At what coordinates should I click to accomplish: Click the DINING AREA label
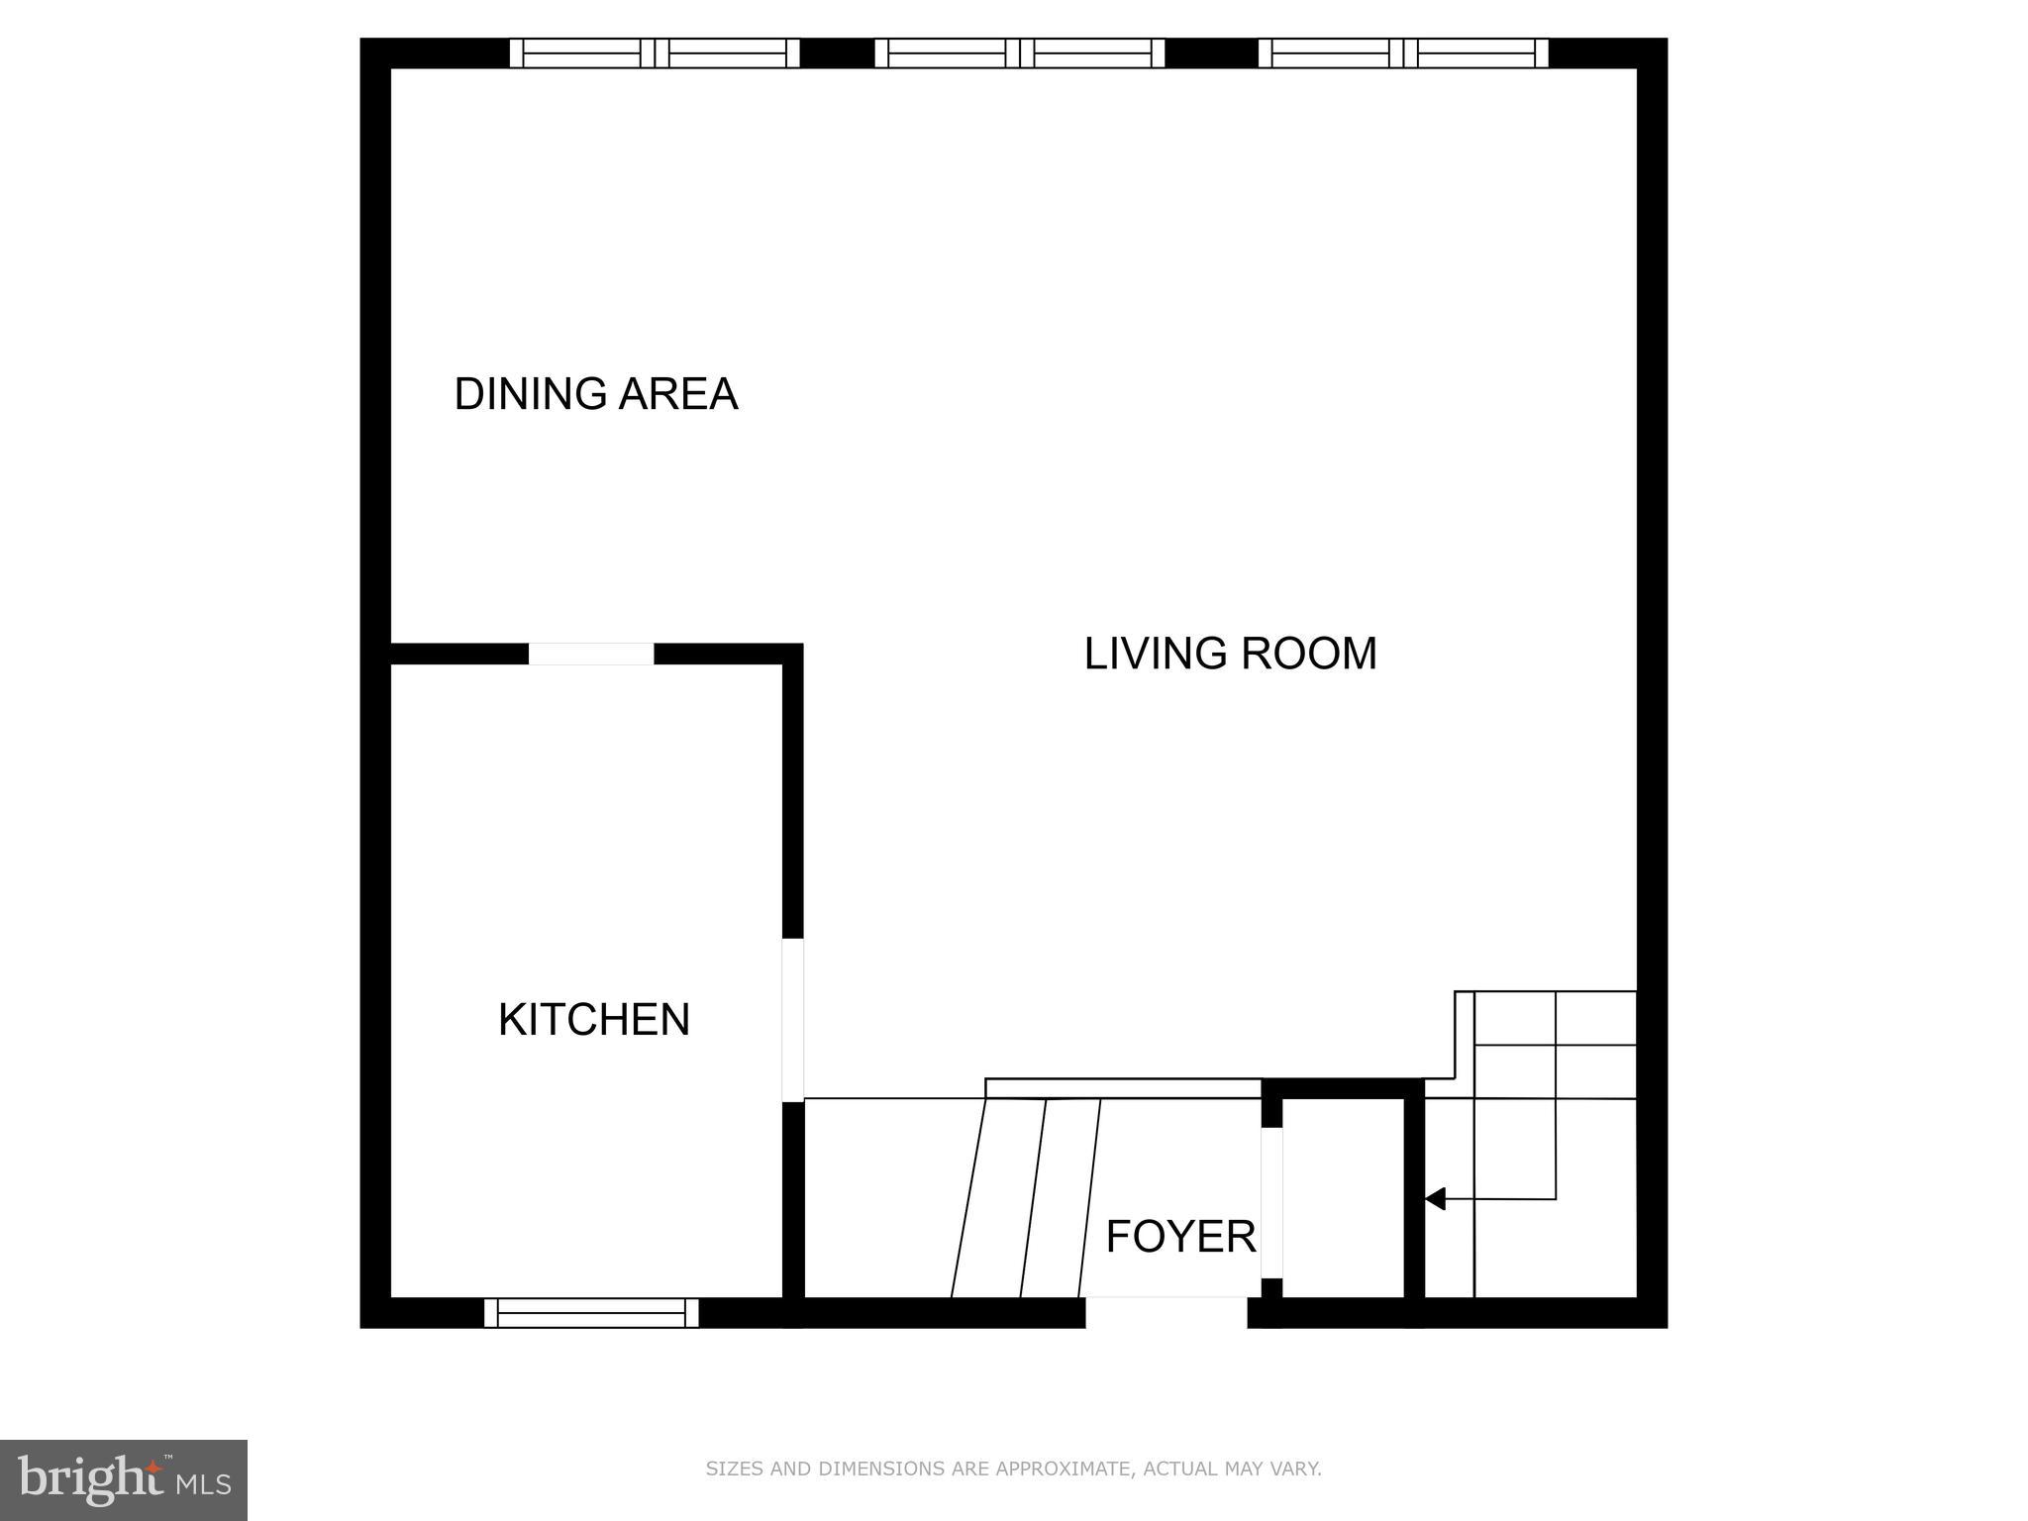pos(595,394)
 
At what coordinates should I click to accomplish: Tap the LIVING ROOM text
pos(1230,654)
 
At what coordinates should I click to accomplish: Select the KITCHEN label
pos(593,1020)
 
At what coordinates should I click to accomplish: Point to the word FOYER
pos(1180,1237)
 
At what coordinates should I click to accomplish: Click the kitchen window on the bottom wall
pos(591,1313)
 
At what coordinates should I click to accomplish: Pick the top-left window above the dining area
pos(654,53)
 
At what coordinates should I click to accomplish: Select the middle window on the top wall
pos(1019,53)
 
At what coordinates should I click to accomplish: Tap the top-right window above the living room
pos(1402,53)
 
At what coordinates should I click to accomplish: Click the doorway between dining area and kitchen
pos(590,655)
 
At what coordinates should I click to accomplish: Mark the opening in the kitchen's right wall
pos(793,1020)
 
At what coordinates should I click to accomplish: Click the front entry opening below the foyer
pos(1166,1313)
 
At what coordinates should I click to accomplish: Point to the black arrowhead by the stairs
pos(1436,1199)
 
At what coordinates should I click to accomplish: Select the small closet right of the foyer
pos(1343,1198)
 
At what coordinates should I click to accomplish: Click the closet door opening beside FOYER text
pos(1271,1202)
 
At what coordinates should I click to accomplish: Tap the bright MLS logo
pos(123,1479)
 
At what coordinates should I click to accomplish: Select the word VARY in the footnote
pos(1296,1469)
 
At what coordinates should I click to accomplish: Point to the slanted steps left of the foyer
pos(1025,1198)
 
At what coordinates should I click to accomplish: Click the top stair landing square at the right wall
pos(1595,1018)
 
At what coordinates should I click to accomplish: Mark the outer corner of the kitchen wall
pos(793,654)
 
